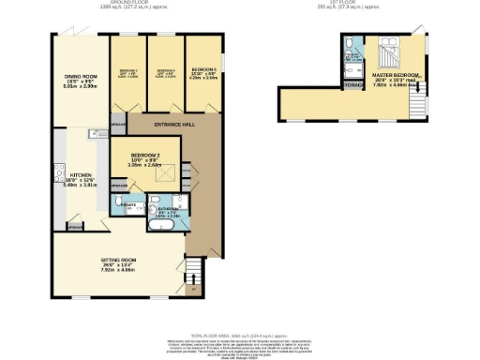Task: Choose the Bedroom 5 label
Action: pyautogui.click(x=204, y=70)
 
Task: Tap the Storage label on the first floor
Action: pyautogui.click(x=354, y=85)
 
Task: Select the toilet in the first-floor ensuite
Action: pyautogui.click(x=348, y=42)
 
